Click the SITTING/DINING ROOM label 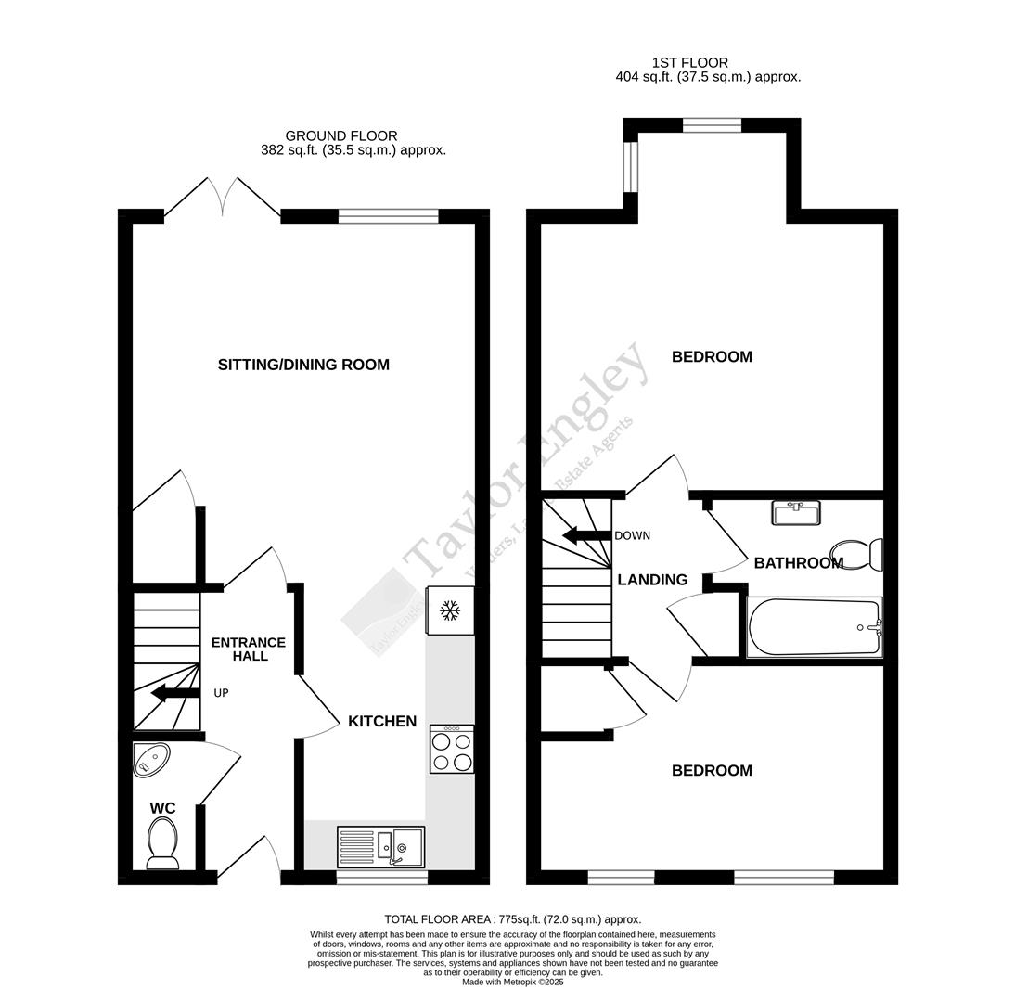point(303,365)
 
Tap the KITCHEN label point(381,721)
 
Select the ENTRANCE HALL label point(248,649)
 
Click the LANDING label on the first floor point(652,580)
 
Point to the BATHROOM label point(798,563)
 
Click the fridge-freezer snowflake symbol point(450,610)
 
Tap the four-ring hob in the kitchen point(452,750)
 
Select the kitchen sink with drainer point(380,845)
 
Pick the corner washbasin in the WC point(149,759)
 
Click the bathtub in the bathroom point(814,627)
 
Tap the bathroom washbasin point(795,512)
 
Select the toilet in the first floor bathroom point(859,554)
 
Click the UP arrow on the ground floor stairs point(175,693)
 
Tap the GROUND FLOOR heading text point(341,136)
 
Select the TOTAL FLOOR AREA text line point(512,919)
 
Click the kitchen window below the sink point(381,877)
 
